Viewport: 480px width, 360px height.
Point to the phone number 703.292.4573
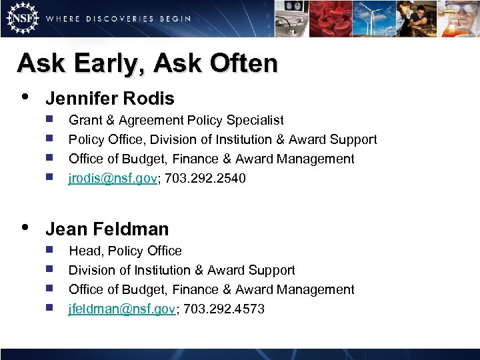tap(225, 309)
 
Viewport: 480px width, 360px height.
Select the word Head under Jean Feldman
tap(84, 251)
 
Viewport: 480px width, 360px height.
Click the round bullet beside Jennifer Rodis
tap(25, 97)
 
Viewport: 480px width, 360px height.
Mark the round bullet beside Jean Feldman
tap(25, 228)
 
